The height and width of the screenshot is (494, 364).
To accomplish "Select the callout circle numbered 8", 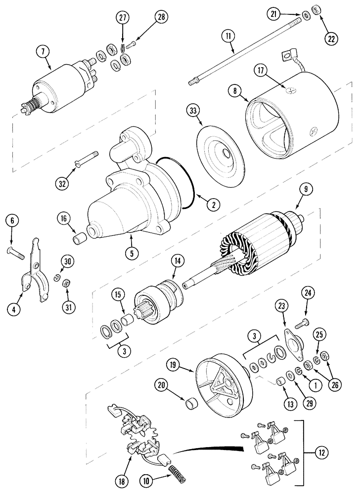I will click(x=235, y=91).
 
